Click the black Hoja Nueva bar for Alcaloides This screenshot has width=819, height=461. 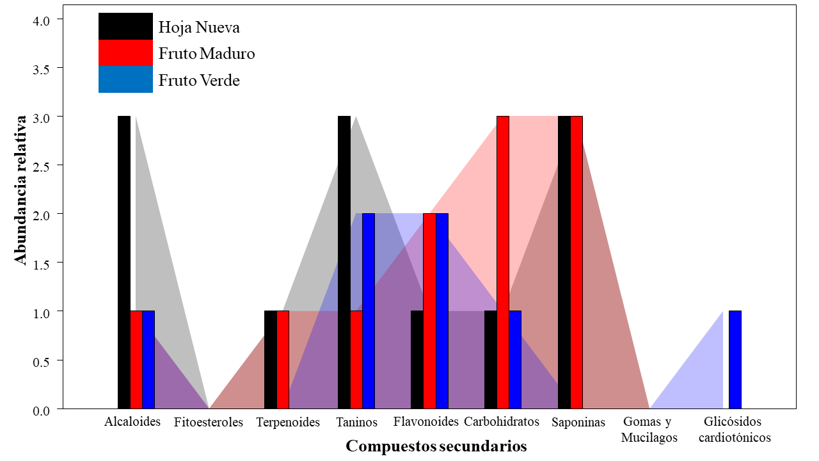click(124, 262)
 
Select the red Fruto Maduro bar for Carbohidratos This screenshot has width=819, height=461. click(503, 262)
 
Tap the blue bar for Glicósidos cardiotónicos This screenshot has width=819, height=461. click(735, 359)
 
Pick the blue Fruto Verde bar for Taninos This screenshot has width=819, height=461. click(369, 311)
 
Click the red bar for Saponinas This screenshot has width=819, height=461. click(576, 262)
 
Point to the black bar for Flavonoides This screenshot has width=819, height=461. click(417, 359)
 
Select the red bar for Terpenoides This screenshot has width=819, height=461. click(283, 359)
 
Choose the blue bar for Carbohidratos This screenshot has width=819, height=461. click(515, 359)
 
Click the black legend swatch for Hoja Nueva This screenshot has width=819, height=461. click(125, 26)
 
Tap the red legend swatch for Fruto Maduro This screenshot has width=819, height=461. click(125, 53)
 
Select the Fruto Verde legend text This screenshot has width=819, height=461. click(199, 81)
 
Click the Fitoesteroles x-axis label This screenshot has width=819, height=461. click(209, 423)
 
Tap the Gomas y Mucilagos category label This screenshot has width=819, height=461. click(649, 430)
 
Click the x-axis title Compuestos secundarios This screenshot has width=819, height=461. click(436, 446)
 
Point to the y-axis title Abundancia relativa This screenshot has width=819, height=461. click(21, 190)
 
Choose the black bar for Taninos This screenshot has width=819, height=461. click(344, 262)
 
